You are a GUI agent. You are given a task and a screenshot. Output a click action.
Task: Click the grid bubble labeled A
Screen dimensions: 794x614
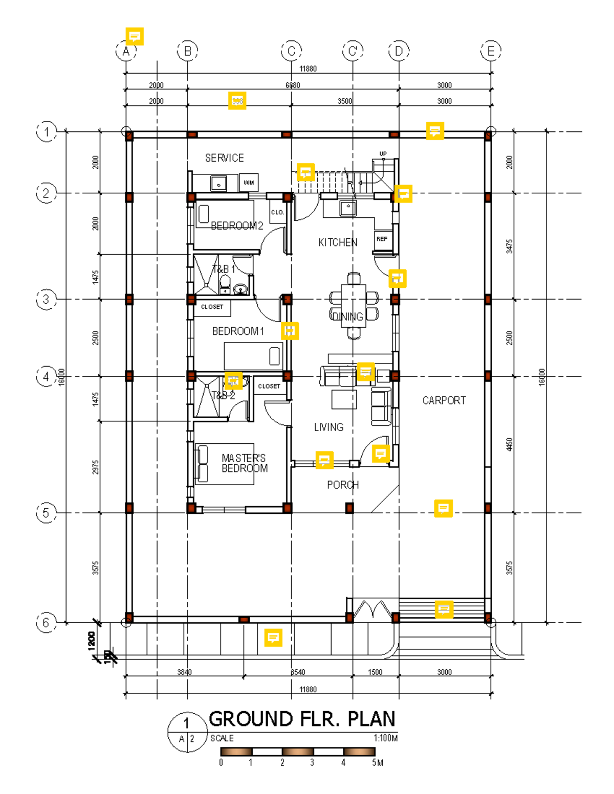tap(126, 51)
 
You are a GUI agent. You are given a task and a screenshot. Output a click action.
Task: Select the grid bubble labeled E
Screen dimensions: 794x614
tap(491, 51)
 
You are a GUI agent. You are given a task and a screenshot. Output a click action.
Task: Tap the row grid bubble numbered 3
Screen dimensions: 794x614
tap(46, 299)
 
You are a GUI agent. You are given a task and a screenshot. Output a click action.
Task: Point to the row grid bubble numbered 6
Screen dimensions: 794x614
tap(46, 623)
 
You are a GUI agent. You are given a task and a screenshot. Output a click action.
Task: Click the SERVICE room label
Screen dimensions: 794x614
tap(224, 158)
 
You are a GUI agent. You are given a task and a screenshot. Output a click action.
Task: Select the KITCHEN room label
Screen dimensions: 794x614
tap(338, 242)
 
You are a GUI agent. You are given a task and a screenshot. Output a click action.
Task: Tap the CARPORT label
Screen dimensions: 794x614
tap(444, 400)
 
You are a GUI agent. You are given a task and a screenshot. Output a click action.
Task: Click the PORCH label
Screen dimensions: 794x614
tap(343, 485)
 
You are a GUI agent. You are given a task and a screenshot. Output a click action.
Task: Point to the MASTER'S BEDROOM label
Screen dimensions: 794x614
tap(244, 463)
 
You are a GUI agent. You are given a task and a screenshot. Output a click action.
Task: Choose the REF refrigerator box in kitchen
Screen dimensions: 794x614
tap(382, 239)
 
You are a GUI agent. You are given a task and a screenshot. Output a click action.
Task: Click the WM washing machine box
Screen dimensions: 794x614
tap(249, 183)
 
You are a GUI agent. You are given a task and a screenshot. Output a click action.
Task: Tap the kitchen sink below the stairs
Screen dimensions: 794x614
tap(348, 208)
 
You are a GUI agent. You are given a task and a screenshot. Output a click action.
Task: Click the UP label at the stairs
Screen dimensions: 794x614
tap(383, 154)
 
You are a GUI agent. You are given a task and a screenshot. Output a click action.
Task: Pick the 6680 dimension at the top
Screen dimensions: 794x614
tap(293, 85)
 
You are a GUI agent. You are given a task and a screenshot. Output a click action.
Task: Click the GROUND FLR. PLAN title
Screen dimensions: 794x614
tap(302, 719)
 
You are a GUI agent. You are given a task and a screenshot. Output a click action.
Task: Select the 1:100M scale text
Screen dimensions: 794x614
tap(385, 738)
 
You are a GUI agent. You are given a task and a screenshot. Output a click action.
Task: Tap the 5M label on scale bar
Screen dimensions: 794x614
tap(378, 763)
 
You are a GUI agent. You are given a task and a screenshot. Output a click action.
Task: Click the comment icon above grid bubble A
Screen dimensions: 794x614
tap(135, 36)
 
